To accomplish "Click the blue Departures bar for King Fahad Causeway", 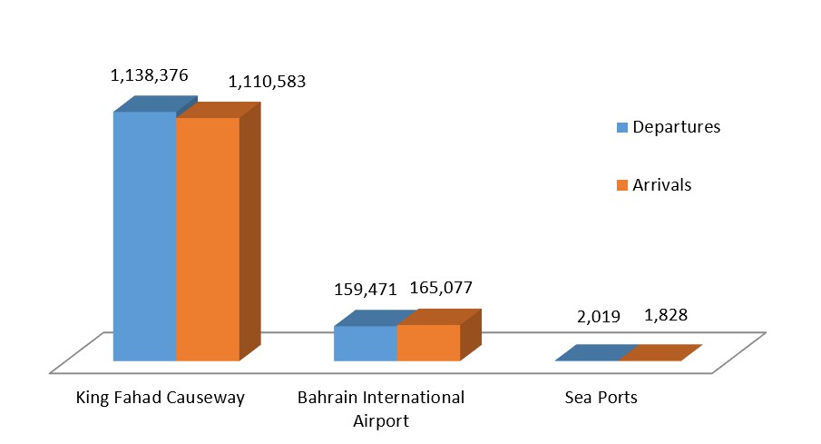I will [x=143, y=236].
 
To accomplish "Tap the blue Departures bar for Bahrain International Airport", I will [x=366, y=343].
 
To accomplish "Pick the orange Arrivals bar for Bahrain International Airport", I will [x=429, y=342].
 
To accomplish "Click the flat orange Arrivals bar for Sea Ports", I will [x=660, y=353].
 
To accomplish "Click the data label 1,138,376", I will [x=150, y=76].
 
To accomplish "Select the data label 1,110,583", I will [x=267, y=82].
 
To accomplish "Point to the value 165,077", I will [x=441, y=289].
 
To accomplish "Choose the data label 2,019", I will [x=599, y=317].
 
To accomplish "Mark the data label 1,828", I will [x=666, y=315].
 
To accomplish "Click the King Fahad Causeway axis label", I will [x=161, y=398].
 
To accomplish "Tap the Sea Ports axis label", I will [x=601, y=398].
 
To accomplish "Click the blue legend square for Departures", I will [x=621, y=127].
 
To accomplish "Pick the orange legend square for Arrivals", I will [x=621, y=185].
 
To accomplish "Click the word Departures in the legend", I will [x=676, y=127].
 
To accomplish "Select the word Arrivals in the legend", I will [x=662, y=185].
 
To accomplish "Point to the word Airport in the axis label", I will [x=381, y=421].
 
